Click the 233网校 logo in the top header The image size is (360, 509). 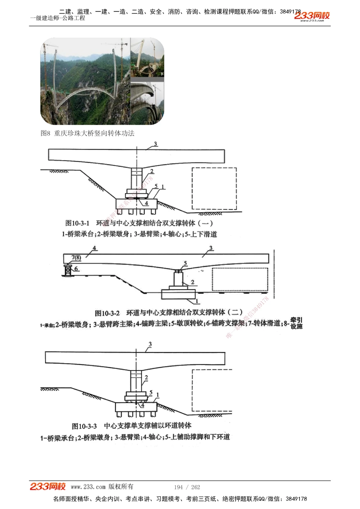pyautogui.click(x=312, y=16)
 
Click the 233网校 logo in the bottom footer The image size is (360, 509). pyautogui.click(x=48, y=486)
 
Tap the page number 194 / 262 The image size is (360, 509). pyautogui.click(x=187, y=487)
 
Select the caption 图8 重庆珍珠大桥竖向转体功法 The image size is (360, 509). pyautogui.click(x=87, y=133)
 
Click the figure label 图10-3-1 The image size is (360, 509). pyautogui.click(x=77, y=223)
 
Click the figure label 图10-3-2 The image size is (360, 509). pyautogui.click(x=107, y=313)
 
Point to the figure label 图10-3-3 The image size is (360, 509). pyautogui.click(x=84, y=426)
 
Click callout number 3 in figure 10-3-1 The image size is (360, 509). pyautogui.click(x=156, y=144)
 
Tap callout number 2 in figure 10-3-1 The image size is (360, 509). pyautogui.click(x=152, y=171)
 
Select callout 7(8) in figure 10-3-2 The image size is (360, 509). pyautogui.click(x=76, y=257)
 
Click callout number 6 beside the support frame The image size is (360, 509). pyautogui.click(x=76, y=269)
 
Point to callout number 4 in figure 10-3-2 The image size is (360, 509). pyautogui.click(x=94, y=248)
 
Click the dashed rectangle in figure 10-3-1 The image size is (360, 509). pyautogui.click(x=214, y=188)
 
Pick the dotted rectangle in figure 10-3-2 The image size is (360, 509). pyautogui.click(x=240, y=279)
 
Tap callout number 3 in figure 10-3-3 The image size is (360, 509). pyautogui.click(x=150, y=344)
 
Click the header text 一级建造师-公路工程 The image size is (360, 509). pyautogui.click(x=58, y=18)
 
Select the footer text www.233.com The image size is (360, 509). pyautogui.click(x=88, y=487)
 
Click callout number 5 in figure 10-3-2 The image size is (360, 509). pyautogui.click(x=185, y=263)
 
